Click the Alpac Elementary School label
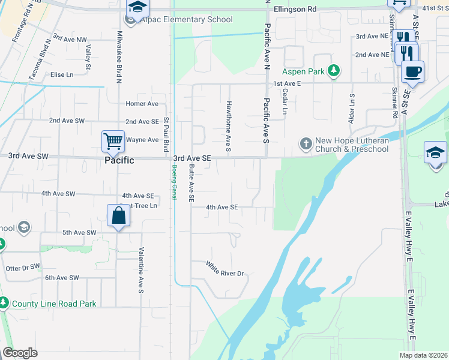[x=187, y=20]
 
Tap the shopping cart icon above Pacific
[x=113, y=142]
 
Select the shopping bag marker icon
[x=119, y=215]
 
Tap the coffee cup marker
[x=412, y=72]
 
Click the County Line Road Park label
[x=54, y=304]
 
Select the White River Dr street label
[x=226, y=269]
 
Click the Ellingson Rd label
[x=294, y=10]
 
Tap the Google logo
[x=20, y=352]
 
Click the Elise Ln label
[x=62, y=74]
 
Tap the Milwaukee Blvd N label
[x=119, y=52]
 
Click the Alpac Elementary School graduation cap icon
[x=137, y=8]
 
